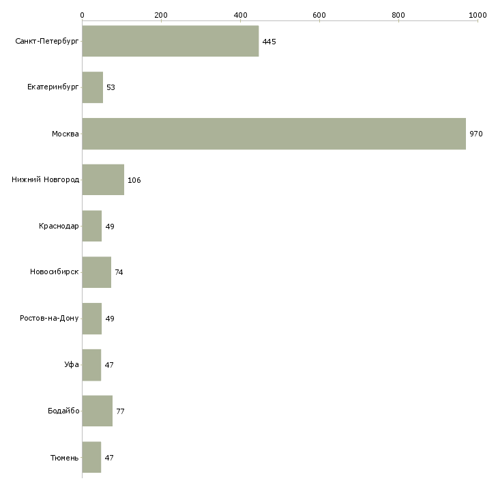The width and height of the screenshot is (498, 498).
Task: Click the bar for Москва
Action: (x=274, y=134)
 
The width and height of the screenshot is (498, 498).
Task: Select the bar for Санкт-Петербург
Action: (x=171, y=41)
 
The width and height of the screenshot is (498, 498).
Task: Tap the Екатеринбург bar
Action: (x=93, y=87)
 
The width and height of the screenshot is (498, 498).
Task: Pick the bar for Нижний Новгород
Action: (x=103, y=179)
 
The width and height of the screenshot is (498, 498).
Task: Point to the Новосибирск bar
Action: (x=97, y=272)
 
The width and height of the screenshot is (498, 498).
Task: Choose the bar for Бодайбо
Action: (x=98, y=411)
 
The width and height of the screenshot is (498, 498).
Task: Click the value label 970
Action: (x=476, y=134)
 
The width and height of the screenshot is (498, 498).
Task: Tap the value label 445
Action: (x=269, y=42)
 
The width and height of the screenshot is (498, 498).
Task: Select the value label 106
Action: (x=134, y=180)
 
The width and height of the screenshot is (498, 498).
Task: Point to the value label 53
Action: (x=111, y=88)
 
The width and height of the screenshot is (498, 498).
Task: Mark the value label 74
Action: (x=119, y=272)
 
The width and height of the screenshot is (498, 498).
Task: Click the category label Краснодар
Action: (x=59, y=226)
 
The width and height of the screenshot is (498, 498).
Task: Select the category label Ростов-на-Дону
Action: (x=50, y=318)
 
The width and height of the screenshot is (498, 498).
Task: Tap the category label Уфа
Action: (x=71, y=364)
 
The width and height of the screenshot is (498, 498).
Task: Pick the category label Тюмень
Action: (x=64, y=457)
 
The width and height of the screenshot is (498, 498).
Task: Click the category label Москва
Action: (x=65, y=134)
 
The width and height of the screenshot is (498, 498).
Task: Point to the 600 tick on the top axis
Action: (x=319, y=14)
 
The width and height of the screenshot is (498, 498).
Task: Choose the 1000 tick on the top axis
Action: (x=477, y=14)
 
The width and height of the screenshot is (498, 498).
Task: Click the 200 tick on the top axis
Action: (x=161, y=14)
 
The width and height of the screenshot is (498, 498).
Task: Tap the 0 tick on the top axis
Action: (x=82, y=14)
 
